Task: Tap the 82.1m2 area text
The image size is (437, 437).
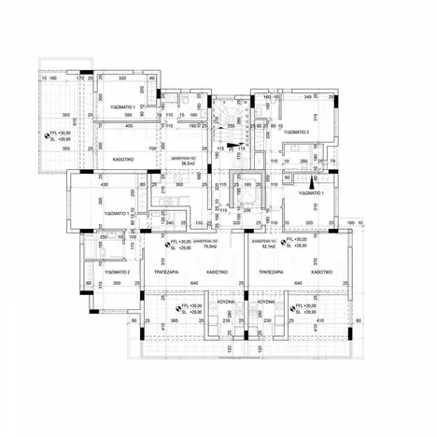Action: click(269, 247)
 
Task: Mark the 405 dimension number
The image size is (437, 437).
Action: click(128, 125)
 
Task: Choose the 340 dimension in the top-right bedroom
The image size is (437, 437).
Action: click(307, 96)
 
